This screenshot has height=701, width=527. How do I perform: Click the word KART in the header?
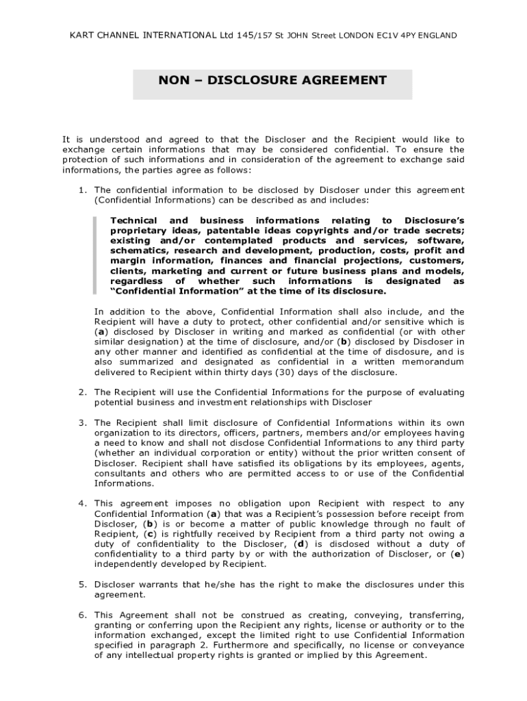pos(81,35)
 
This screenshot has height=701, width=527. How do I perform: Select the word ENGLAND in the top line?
pos(437,35)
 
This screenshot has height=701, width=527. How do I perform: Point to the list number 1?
pos(81,190)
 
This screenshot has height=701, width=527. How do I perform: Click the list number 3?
pos(81,422)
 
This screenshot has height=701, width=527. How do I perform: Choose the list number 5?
pos(81,585)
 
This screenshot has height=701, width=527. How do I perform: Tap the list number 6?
pos(81,615)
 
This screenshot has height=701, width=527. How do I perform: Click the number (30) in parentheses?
pos(285,372)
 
